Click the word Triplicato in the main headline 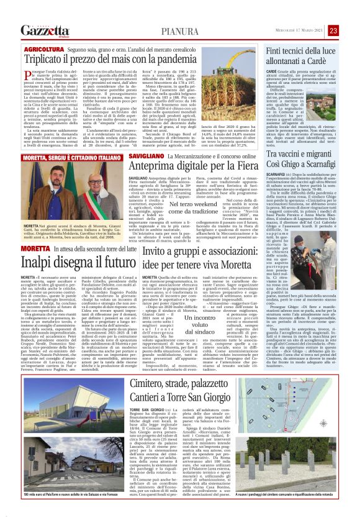[x=49, y=60]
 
